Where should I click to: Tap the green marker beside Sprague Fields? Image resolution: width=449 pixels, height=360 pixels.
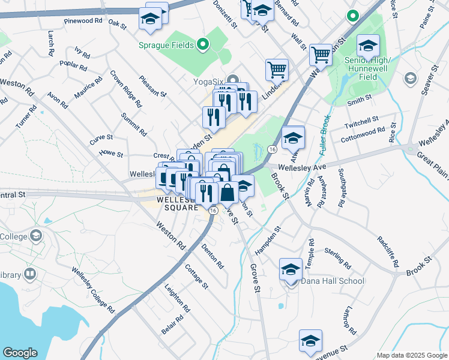pyautogui.click(x=203, y=44)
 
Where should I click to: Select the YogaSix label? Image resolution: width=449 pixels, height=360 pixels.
pyautogui.click(x=209, y=82)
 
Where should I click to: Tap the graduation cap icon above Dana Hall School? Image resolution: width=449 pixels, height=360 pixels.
pyautogui.click(x=291, y=269)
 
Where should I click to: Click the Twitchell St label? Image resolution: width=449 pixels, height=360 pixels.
pyautogui.click(x=361, y=121)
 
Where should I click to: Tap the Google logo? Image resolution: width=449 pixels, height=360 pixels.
pyautogui.click(x=20, y=352)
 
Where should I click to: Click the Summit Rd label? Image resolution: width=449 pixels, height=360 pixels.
pyautogui.click(x=133, y=124)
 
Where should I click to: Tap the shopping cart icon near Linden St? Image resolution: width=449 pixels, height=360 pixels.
pyautogui.click(x=277, y=70)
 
